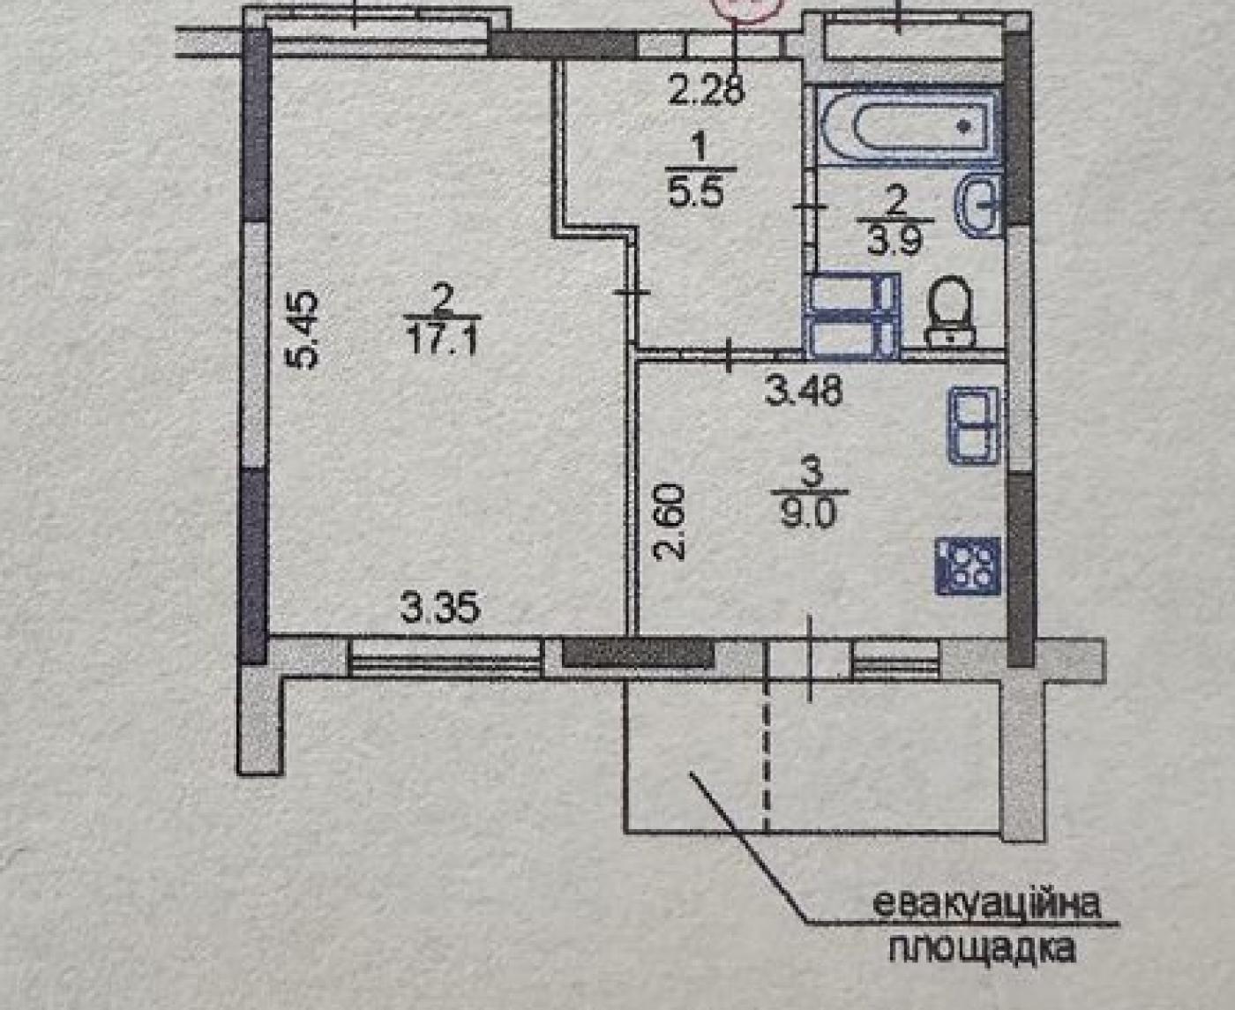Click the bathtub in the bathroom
pos(907,126)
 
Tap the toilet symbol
pos(950,310)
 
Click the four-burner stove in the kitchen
pos(968,565)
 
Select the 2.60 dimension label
pos(670,521)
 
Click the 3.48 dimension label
pos(805,391)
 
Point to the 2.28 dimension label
pos(707,91)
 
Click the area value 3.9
pos(895,239)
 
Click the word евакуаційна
pos(987,905)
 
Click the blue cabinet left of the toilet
pos(854,315)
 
